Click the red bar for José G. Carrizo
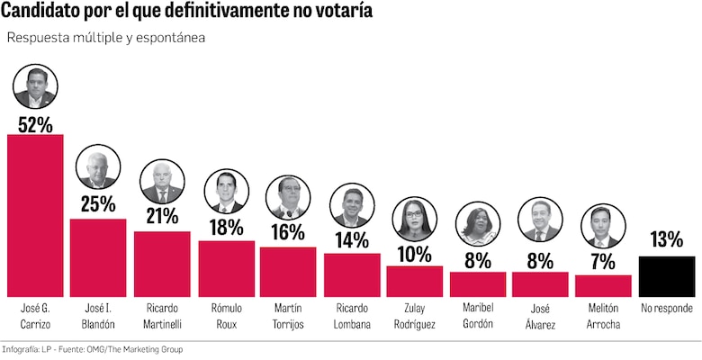pos(35,216)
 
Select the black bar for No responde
pos(667,276)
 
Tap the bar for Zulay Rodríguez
pos(414,282)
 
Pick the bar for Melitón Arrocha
pos(603,286)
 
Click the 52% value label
pos(35,123)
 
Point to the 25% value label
pos(98,205)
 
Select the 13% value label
pos(667,240)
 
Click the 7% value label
pos(603,262)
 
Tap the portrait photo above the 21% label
pos(162,182)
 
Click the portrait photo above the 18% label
pos(225,192)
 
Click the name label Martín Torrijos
pos(288,317)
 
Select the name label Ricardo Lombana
pos(351,317)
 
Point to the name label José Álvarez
pos(540,317)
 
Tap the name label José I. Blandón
pos(98,317)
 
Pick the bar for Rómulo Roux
pos(225,268)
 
